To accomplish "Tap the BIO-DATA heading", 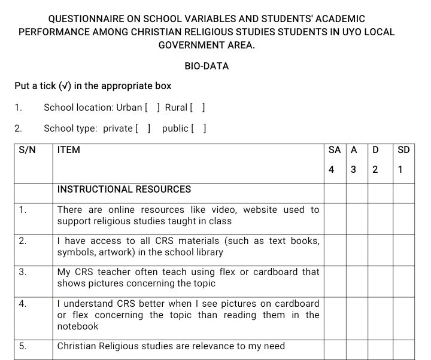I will click(x=207, y=66).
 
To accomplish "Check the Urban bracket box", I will click(x=152, y=108).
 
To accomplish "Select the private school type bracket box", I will click(x=142, y=129).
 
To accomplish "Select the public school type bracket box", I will click(x=199, y=129).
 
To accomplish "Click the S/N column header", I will click(x=27, y=150).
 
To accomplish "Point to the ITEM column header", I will click(x=68, y=150).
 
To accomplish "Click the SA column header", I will click(x=335, y=150).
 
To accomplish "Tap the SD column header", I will click(x=403, y=150).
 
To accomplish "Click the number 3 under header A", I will click(x=353, y=170).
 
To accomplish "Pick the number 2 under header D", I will click(x=375, y=170).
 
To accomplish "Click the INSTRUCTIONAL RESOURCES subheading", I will click(x=124, y=190).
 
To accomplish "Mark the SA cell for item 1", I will click(x=335, y=216).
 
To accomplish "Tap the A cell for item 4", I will click(x=356, y=315).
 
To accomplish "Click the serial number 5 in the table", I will click(x=22, y=346).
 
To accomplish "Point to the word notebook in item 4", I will click(x=78, y=327).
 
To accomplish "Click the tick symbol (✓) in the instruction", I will click(x=65, y=86).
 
